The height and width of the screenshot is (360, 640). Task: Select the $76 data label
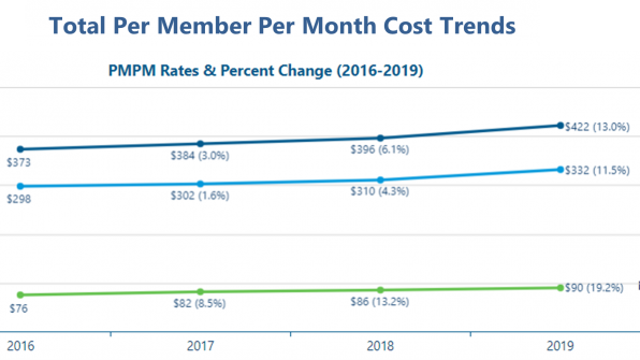[x=17, y=308]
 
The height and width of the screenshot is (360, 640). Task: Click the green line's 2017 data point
[x=200, y=292]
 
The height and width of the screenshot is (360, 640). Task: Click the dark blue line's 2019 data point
[x=559, y=125]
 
